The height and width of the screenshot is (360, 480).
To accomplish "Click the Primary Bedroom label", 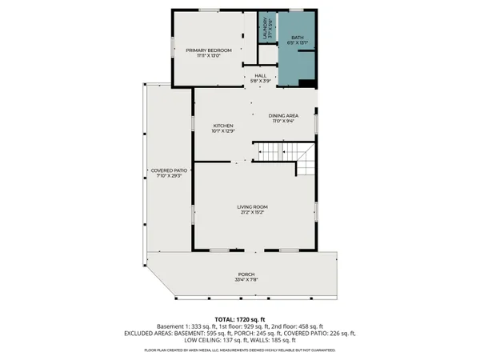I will (209, 50).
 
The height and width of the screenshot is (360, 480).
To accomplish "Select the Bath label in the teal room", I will (297, 37).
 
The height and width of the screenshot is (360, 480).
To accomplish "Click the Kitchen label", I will (222, 126).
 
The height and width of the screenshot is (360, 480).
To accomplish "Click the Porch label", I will (246, 274).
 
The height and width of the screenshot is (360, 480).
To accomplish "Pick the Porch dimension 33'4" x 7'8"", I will (246, 280).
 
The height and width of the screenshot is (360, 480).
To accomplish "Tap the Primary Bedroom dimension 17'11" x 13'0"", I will (209, 55).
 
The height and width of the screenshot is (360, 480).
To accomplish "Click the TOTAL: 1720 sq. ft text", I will (240, 318).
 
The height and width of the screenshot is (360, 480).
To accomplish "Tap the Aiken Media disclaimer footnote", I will (240, 350).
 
